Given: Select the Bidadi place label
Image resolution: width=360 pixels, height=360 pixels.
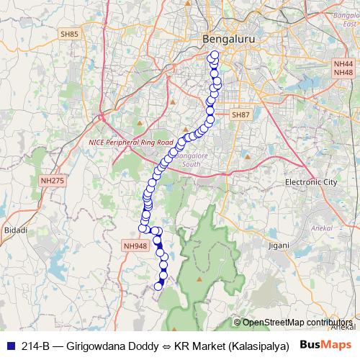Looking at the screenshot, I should click(x=15, y=230).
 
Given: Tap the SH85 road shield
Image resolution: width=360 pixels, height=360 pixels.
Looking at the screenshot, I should click(x=70, y=34).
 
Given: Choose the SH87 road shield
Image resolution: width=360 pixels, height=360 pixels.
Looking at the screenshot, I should click(x=240, y=115).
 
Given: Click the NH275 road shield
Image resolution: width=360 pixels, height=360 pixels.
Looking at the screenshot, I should click(x=52, y=181).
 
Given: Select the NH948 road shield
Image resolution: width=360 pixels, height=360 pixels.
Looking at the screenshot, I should click(x=135, y=246).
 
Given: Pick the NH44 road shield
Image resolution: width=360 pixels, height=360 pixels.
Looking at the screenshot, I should click(x=343, y=64).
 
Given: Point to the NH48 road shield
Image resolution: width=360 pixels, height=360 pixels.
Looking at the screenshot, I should click(x=343, y=73).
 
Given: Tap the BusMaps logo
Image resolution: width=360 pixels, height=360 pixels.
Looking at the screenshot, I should click(x=325, y=345).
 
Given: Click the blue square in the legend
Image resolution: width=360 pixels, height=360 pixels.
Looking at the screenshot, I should click(x=9, y=346).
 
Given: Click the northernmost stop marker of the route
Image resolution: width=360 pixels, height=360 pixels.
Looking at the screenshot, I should click(x=214, y=55).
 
